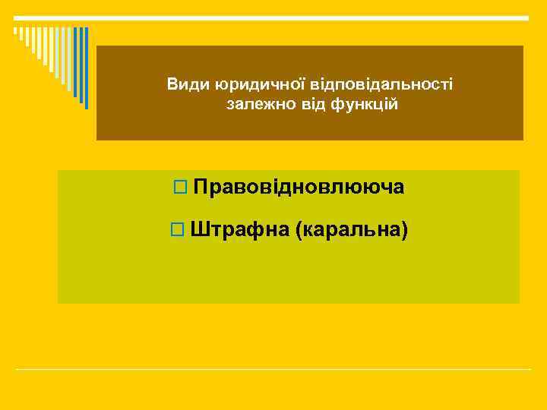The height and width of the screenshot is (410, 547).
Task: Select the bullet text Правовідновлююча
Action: [x=299, y=187]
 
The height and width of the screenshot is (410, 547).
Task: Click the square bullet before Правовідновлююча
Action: [x=179, y=188]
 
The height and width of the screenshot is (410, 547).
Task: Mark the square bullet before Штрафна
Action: [x=178, y=229]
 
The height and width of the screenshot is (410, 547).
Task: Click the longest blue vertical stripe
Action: [x=86, y=68]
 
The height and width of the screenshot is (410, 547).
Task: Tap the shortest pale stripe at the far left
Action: [x=14, y=32]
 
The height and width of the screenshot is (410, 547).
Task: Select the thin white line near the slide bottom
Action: [x=273, y=370]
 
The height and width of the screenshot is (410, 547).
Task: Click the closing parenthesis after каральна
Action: [x=405, y=229]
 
